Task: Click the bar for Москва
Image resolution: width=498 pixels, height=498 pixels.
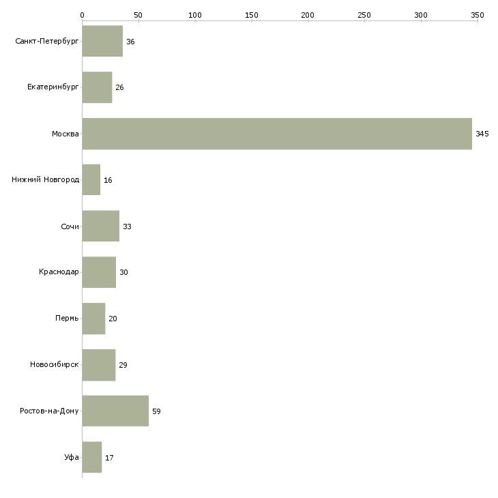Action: click(x=276, y=134)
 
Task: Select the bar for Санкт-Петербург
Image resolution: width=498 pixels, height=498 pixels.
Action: click(x=102, y=42)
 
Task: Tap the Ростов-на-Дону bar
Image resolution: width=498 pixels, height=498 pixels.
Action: click(x=115, y=411)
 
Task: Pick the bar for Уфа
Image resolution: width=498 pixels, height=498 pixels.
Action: click(x=91, y=457)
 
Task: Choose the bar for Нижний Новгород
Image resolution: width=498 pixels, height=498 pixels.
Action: click(x=91, y=180)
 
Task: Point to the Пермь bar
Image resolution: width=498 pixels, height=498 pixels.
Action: click(x=93, y=319)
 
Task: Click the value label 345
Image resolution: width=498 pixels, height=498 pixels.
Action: click(x=482, y=134)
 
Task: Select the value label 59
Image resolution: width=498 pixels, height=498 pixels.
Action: click(x=156, y=411)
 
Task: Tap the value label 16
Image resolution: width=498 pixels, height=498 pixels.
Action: click(x=108, y=180)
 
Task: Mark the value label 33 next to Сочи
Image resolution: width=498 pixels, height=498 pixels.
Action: click(x=127, y=226)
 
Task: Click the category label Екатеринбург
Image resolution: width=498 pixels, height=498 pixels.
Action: click(x=53, y=87)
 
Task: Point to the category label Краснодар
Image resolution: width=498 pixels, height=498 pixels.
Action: click(x=59, y=272)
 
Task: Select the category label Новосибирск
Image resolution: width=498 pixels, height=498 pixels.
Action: click(x=55, y=365)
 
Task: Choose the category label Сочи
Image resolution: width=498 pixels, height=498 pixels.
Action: click(x=70, y=226)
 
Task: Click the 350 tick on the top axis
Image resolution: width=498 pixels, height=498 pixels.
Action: click(x=477, y=14)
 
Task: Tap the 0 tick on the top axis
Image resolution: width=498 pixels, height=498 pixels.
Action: click(x=82, y=14)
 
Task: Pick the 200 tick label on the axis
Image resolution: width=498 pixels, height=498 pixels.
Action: click(x=308, y=14)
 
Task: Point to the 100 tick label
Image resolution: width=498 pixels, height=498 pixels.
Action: click(x=195, y=14)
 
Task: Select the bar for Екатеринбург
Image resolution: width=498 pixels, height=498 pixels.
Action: click(x=97, y=87)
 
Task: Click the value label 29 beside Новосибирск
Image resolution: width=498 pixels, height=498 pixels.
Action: click(x=123, y=365)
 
